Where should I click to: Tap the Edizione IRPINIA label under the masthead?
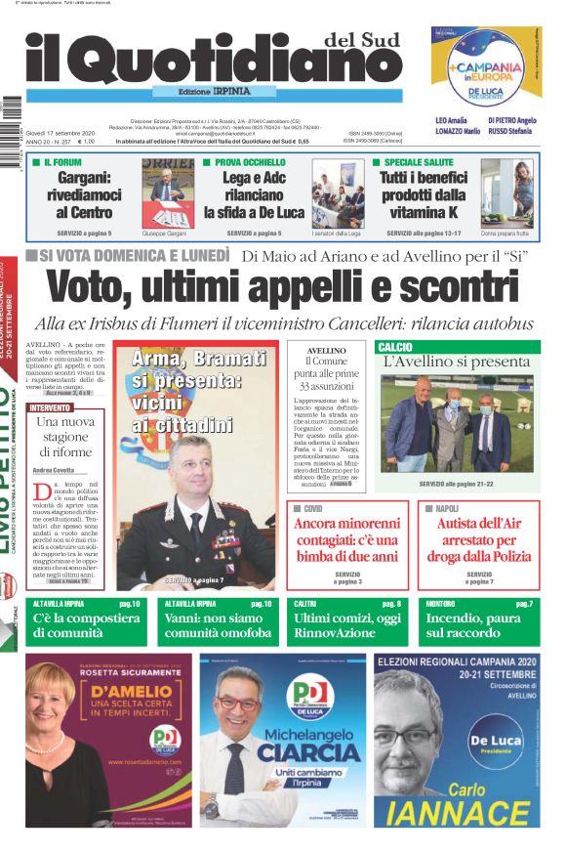[214, 92]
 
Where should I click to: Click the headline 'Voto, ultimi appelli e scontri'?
[284, 288]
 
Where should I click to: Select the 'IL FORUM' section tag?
[61, 161]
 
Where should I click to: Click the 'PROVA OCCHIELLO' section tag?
[250, 161]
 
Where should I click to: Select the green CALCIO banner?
[457, 347]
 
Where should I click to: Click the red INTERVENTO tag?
[50, 406]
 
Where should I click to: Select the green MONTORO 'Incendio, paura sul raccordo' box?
[480, 620]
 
